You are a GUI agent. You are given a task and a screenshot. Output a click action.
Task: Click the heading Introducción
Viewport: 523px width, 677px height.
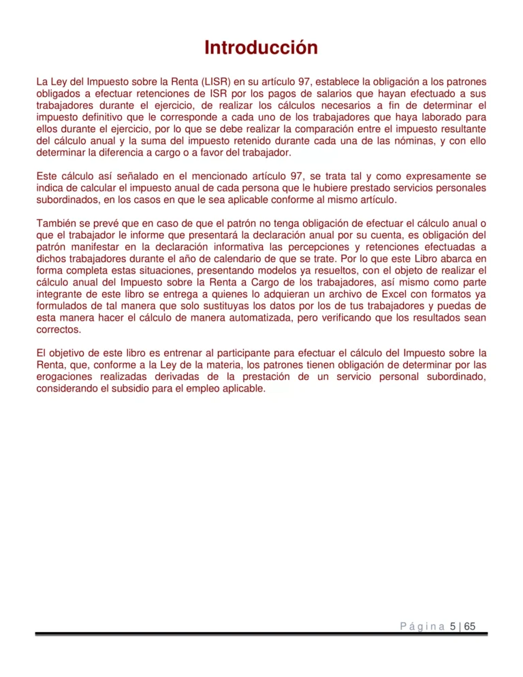click(261, 48)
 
